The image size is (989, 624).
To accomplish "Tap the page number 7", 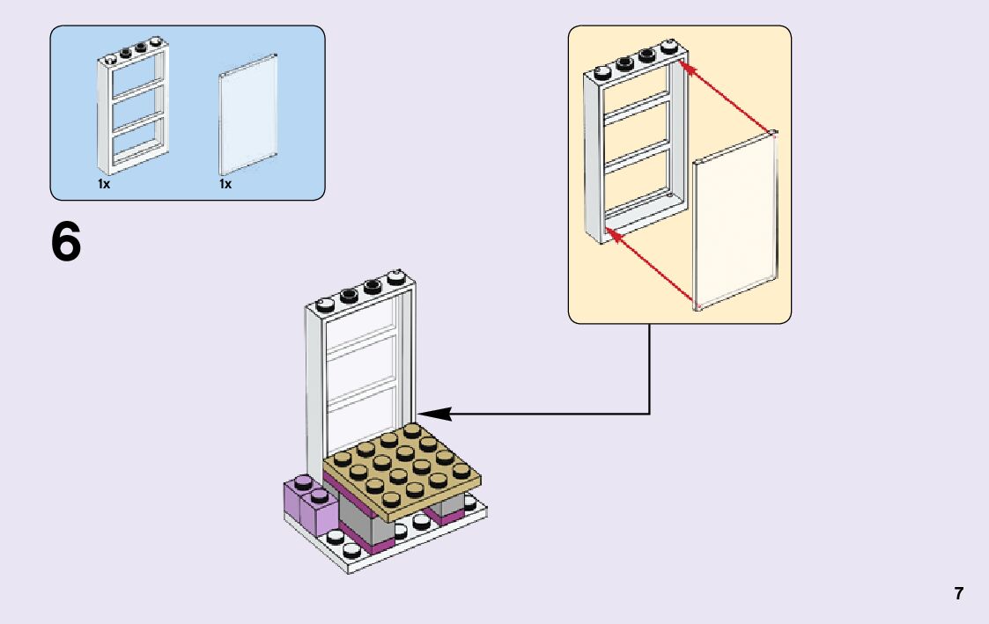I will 959,593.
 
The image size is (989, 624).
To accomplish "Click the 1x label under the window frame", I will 104,185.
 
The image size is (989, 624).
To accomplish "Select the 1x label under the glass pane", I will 225,185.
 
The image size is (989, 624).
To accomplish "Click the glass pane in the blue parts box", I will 248,114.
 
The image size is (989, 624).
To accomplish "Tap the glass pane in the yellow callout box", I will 735,220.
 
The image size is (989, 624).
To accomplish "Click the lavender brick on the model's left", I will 310,506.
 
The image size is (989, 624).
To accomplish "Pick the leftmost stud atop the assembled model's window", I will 324,305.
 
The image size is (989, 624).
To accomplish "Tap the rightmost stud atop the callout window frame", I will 671,46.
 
